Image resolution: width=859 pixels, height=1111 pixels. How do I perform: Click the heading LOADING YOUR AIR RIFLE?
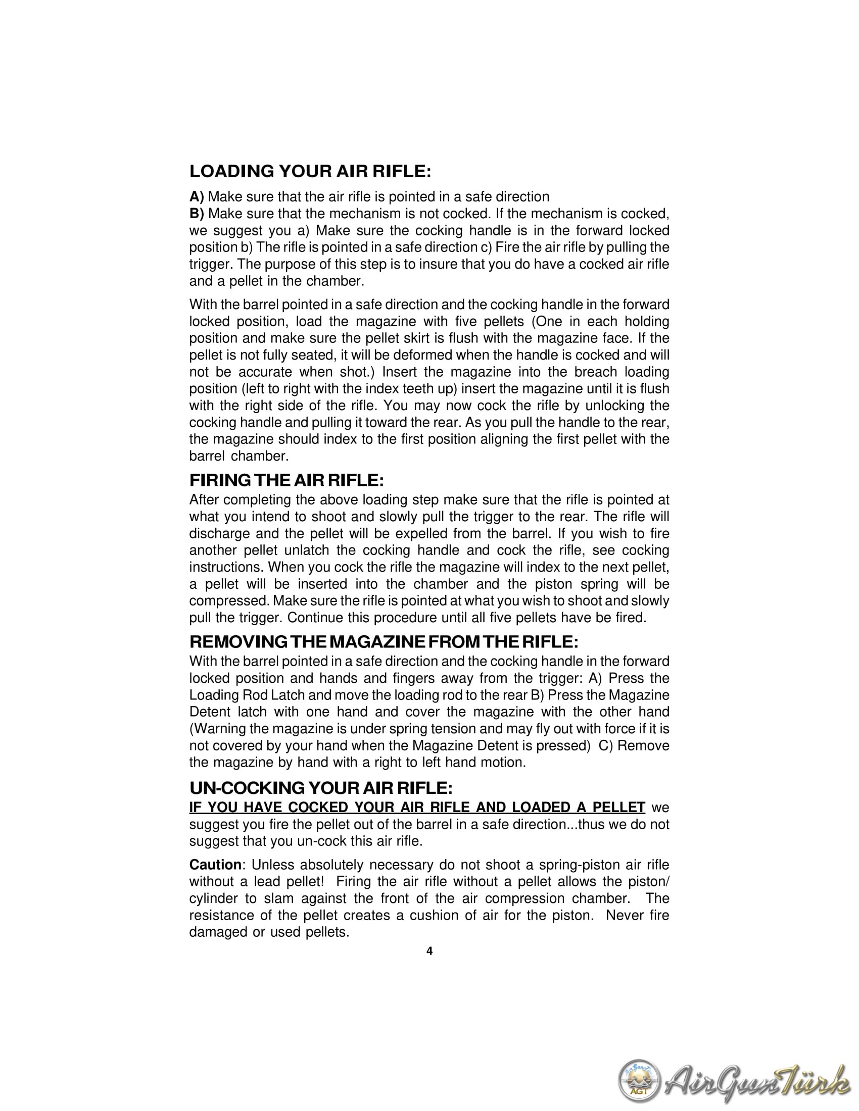click(x=310, y=171)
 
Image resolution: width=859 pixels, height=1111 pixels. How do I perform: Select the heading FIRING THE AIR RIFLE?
click(x=287, y=480)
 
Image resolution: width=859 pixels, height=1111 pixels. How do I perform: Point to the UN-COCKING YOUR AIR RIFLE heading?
click(x=320, y=788)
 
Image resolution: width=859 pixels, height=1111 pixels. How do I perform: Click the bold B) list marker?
click(x=197, y=214)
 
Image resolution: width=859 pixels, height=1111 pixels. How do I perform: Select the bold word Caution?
click(x=215, y=865)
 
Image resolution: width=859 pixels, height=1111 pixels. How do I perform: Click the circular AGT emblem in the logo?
click(x=639, y=1080)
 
